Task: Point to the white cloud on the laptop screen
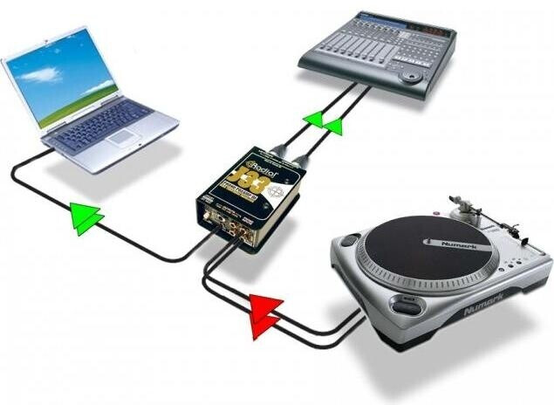tap(39, 75)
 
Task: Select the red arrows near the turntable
tap(265, 313)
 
